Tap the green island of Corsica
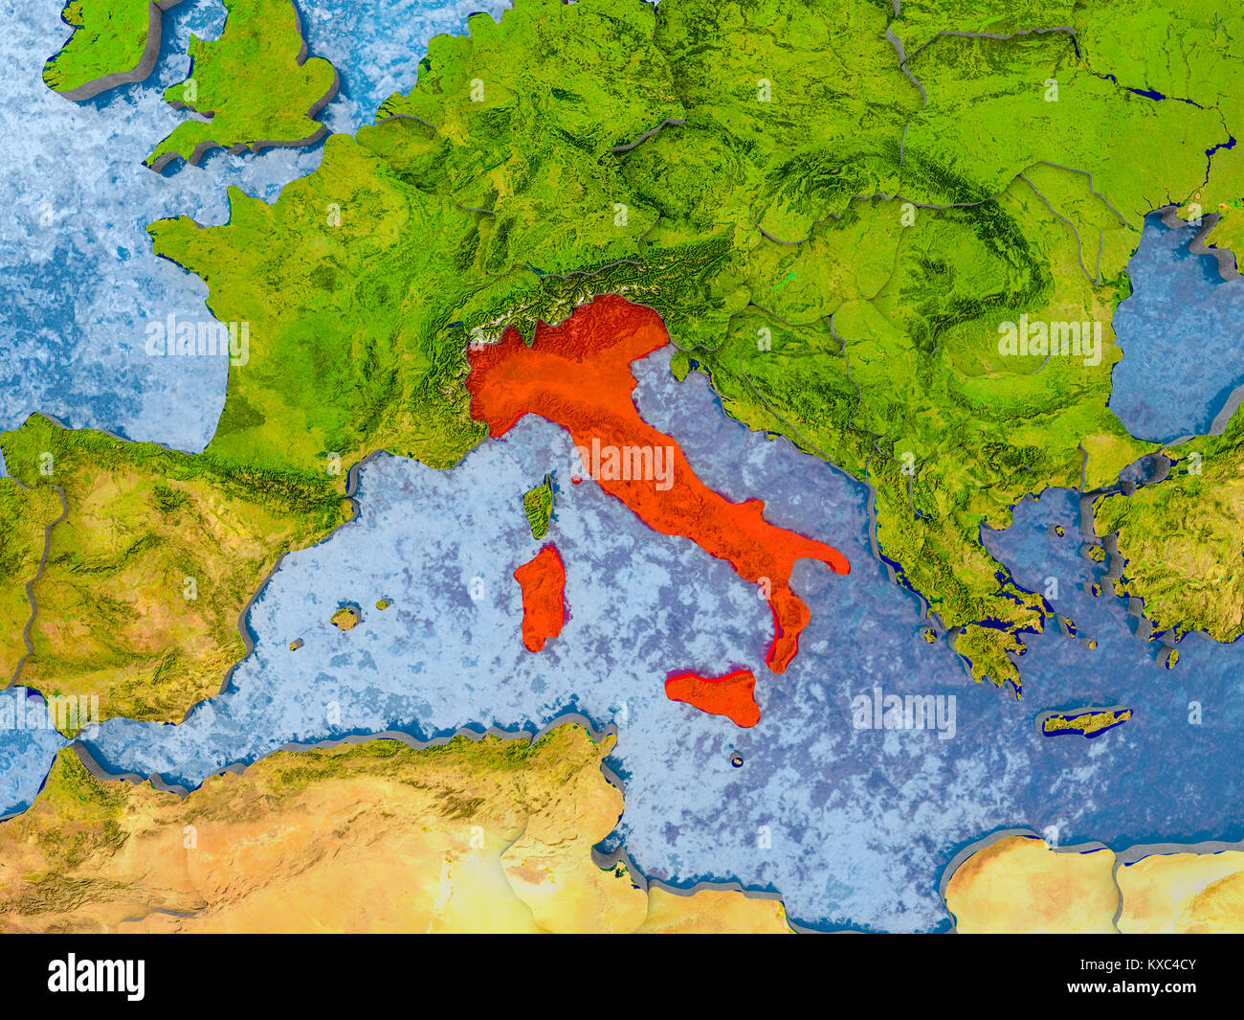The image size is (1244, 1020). (539, 507)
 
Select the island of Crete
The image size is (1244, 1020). (1084, 720)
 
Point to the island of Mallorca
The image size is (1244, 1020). (345, 618)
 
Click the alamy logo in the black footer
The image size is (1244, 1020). (96, 976)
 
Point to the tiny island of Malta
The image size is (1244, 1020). (738, 760)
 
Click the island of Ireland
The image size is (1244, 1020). (100, 43)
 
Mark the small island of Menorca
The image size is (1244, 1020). (384, 604)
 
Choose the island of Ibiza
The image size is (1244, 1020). (297, 645)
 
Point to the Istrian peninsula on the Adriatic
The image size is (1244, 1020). (680, 365)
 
